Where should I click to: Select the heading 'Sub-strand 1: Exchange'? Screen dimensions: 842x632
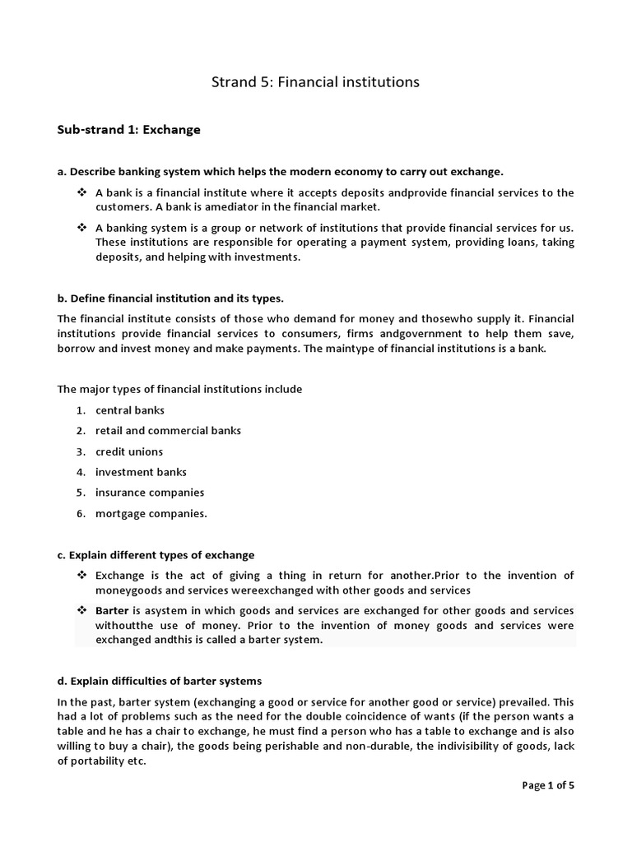click(x=128, y=130)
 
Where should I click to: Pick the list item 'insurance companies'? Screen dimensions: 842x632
click(x=150, y=493)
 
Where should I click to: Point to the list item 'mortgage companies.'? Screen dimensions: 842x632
click(x=151, y=514)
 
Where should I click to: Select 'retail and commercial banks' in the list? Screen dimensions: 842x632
click(x=168, y=430)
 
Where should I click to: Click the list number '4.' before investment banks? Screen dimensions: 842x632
click(x=81, y=472)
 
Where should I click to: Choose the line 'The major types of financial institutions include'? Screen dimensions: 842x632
click(x=179, y=389)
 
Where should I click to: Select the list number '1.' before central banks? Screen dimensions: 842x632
click(x=81, y=409)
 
